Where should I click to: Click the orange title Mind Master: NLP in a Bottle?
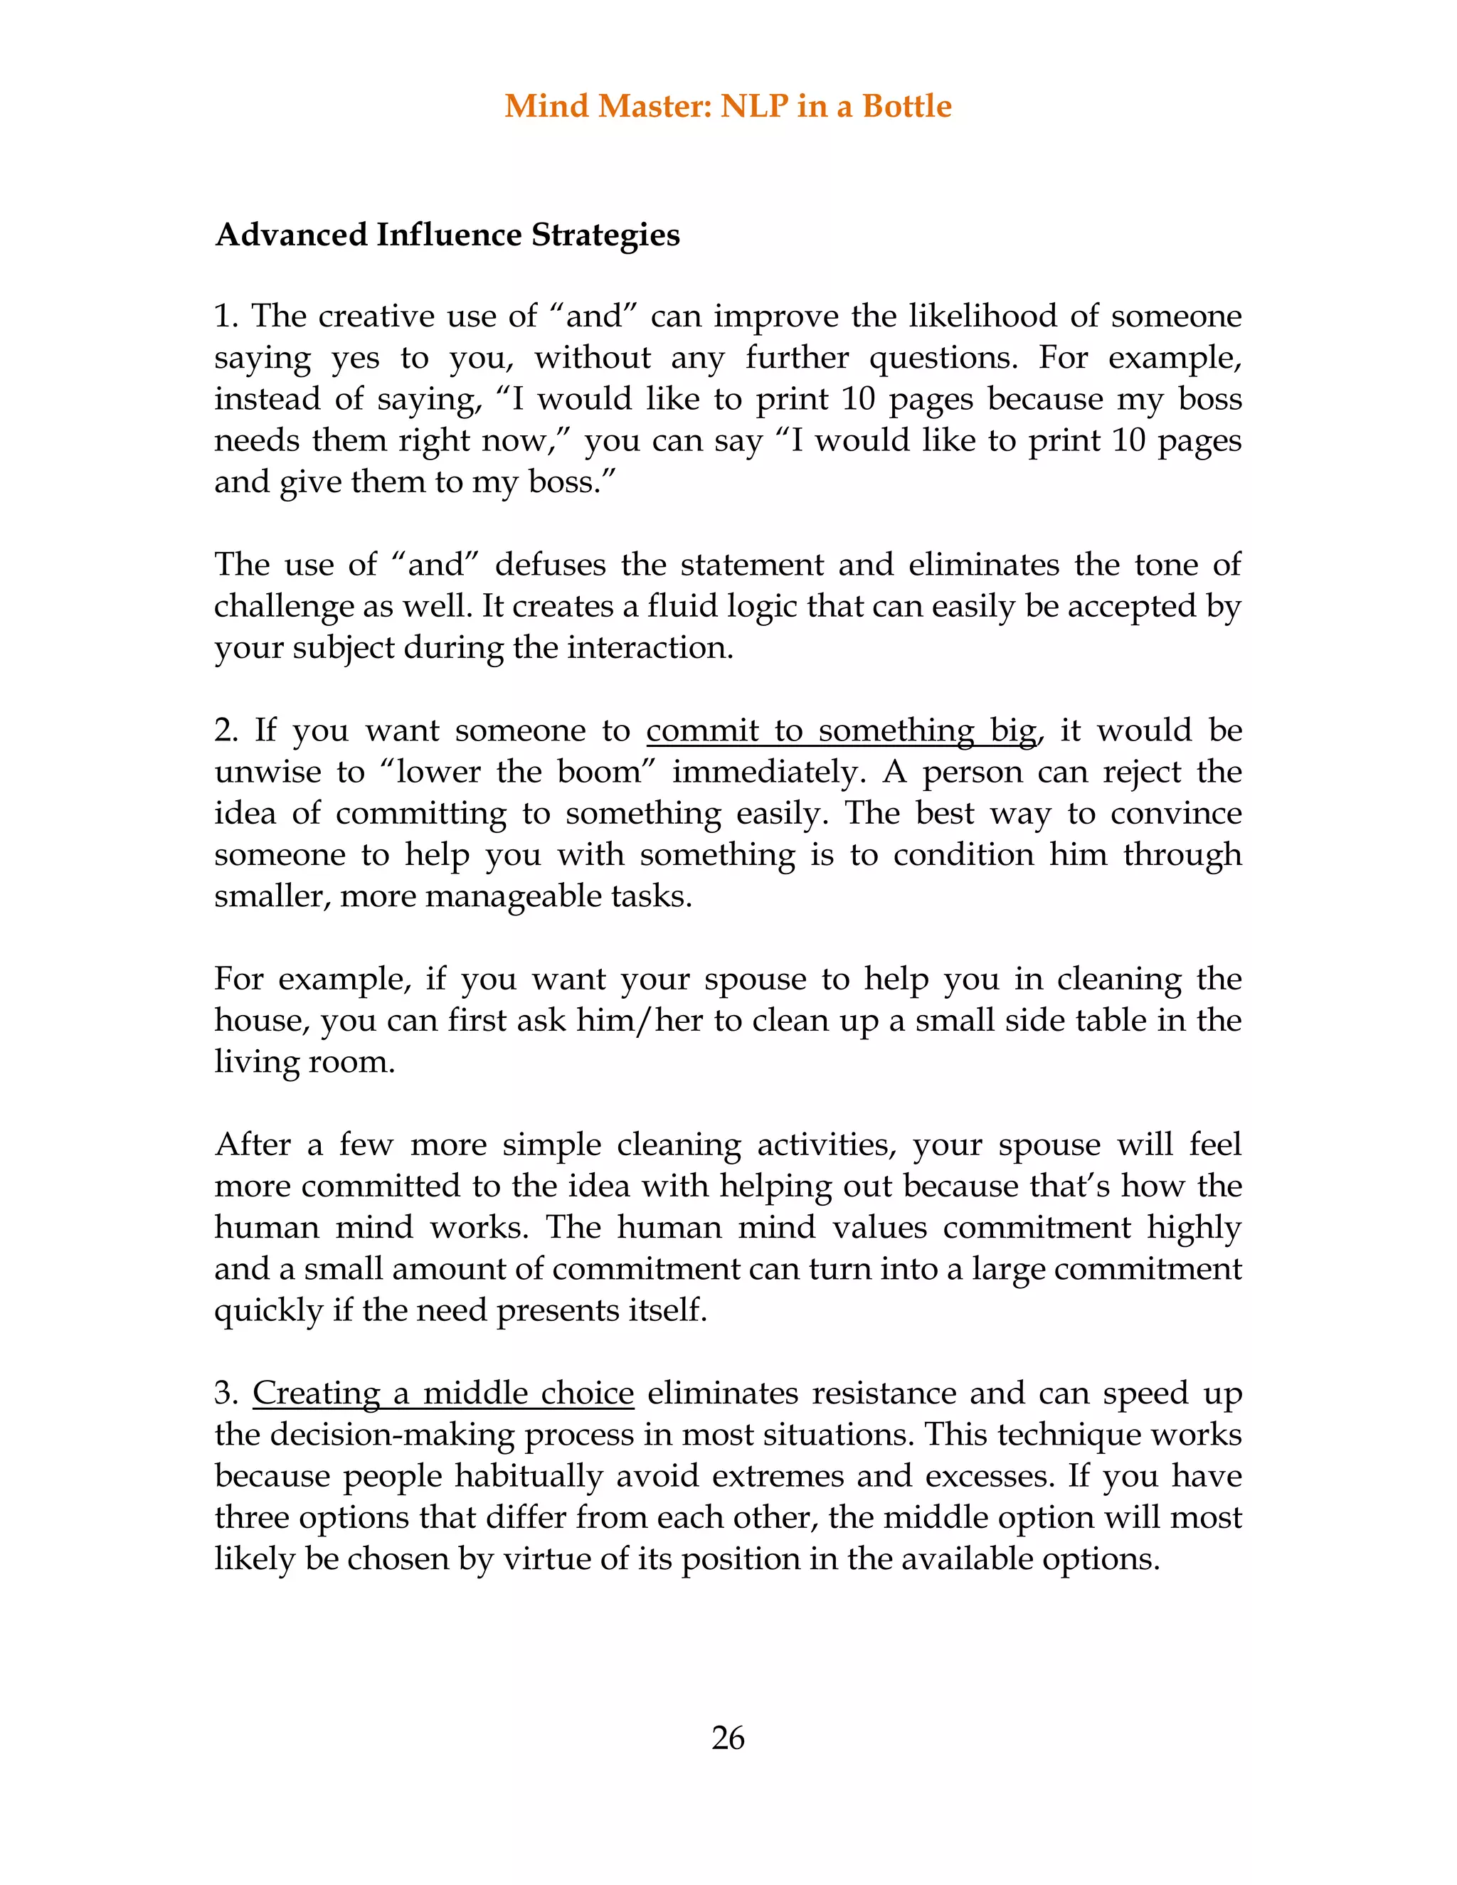pyautogui.click(x=728, y=106)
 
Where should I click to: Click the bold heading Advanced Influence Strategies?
pyautogui.click(x=447, y=235)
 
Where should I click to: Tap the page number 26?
pyautogui.click(x=728, y=1738)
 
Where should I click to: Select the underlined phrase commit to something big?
pyautogui.click(x=841, y=731)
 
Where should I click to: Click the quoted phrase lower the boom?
pyautogui.click(x=518, y=772)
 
